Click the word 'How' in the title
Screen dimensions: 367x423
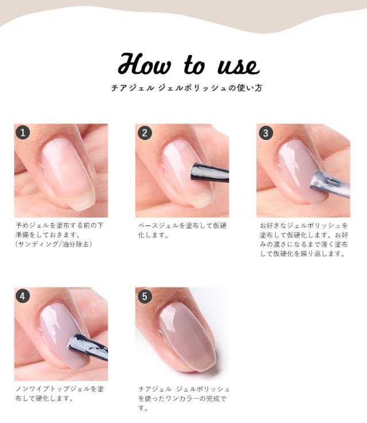[x=145, y=64]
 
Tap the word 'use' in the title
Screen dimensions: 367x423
[x=239, y=67]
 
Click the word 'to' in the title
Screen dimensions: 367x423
[x=194, y=65]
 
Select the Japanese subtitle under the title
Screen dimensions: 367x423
[x=187, y=88]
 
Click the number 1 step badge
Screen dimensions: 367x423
[x=22, y=133]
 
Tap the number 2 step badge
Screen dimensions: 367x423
[x=145, y=133]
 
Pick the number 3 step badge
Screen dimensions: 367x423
[x=266, y=133]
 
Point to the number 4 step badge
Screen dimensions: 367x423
[x=22, y=296]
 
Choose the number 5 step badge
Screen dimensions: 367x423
[x=145, y=296]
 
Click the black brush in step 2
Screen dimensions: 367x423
[x=210, y=173]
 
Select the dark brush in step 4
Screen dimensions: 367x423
[x=88, y=347]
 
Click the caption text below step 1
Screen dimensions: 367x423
[x=59, y=235]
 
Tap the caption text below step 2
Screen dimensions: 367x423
[x=182, y=230]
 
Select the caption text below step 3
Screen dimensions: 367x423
[x=304, y=239]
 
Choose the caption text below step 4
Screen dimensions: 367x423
[x=60, y=394]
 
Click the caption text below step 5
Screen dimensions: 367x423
[x=183, y=398]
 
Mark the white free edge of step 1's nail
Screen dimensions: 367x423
[x=81, y=201]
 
